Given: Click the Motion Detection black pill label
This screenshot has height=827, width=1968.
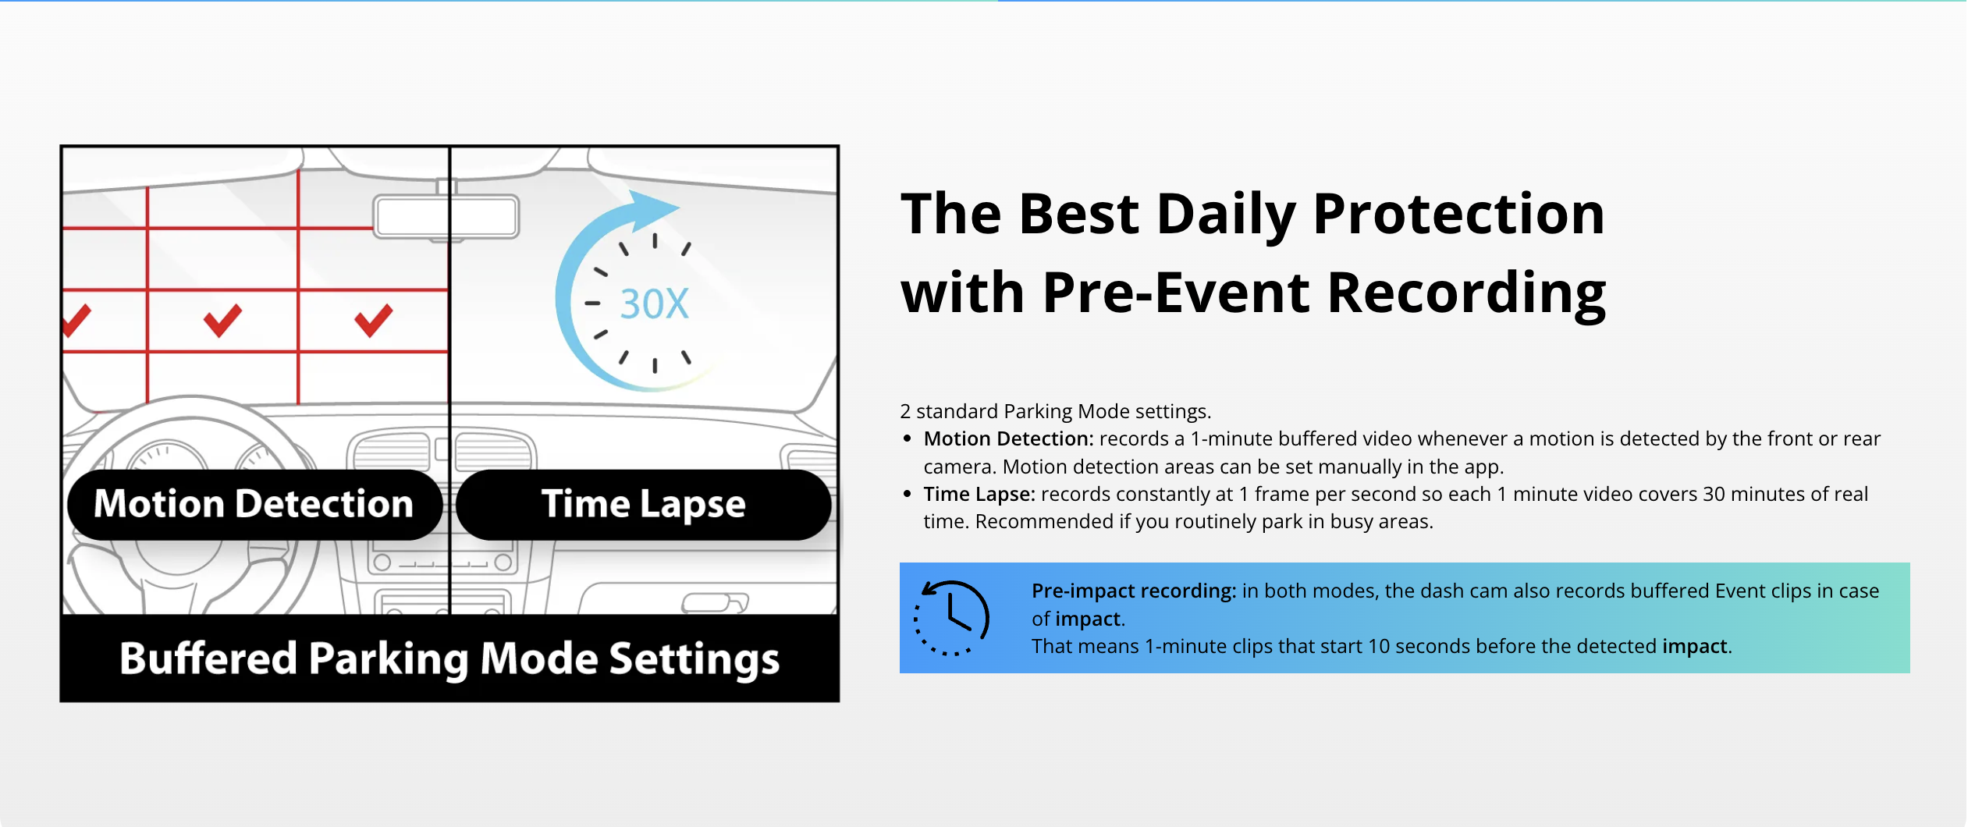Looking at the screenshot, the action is pyautogui.click(x=255, y=504).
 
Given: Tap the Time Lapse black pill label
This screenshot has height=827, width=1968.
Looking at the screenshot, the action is pyautogui.click(x=644, y=504).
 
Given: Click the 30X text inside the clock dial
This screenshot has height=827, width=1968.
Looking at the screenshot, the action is pyautogui.click(x=654, y=304).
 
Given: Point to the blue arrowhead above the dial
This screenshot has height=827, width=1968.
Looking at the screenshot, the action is pyautogui.click(x=652, y=209).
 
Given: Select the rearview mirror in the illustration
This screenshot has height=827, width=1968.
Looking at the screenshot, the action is pyautogui.click(x=446, y=216).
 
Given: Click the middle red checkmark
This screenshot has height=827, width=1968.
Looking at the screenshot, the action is pyautogui.click(x=222, y=321).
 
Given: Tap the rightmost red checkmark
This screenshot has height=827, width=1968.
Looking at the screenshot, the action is pyautogui.click(x=373, y=321).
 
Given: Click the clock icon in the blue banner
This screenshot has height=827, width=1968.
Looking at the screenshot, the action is pyautogui.click(x=951, y=618).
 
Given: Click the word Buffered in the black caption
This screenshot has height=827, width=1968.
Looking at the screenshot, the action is pyautogui.click(x=208, y=658).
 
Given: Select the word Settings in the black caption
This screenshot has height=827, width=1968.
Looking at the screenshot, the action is pyautogui.click(x=694, y=660).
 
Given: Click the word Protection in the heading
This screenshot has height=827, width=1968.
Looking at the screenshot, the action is pyautogui.click(x=1458, y=214).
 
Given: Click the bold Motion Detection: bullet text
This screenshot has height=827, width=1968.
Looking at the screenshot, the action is pyautogui.click(x=1008, y=438).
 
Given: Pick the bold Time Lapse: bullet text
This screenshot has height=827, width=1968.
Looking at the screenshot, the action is pyautogui.click(x=979, y=495).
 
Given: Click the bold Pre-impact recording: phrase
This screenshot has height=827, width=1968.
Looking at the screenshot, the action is pyautogui.click(x=1134, y=591).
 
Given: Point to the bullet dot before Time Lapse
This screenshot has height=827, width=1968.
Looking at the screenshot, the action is pyautogui.click(x=907, y=494).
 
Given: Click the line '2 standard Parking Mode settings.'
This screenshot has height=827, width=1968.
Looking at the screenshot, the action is pyautogui.click(x=1055, y=411).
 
